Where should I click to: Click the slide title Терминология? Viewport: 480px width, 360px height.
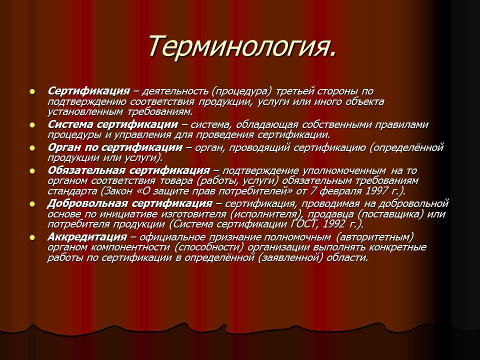pyautogui.click(x=240, y=46)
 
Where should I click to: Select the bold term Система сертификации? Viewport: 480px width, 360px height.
pyautogui.click(x=112, y=124)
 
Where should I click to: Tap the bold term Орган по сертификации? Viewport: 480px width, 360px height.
pyautogui.click(x=114, y=147)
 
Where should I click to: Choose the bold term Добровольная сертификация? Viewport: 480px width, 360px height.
pyautogui.click(x=130, y=203)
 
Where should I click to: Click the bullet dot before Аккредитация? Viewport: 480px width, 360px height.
pyautogui.click(x=32, y=236)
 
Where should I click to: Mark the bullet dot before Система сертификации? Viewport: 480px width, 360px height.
pyautogui.click(x=32, y=124)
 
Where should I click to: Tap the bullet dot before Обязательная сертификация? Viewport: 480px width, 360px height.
pyautogui.click(x=32, y=170)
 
